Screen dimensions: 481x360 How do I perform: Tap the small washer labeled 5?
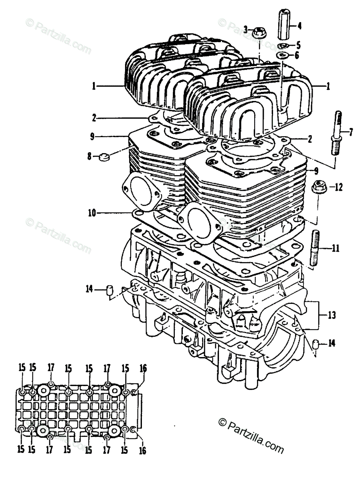click(x=283, y=45)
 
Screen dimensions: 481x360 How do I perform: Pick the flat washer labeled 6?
click(x=282, y=55)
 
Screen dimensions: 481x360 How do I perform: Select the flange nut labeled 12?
click(x=319, y=187)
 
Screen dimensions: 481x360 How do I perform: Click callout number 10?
click(x=92, y=213)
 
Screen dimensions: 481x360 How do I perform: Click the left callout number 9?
click(x=92, y=137)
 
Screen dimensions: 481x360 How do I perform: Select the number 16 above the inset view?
click(x=143, y=368)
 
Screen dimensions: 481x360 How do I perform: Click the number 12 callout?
click(x=339, y=187)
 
